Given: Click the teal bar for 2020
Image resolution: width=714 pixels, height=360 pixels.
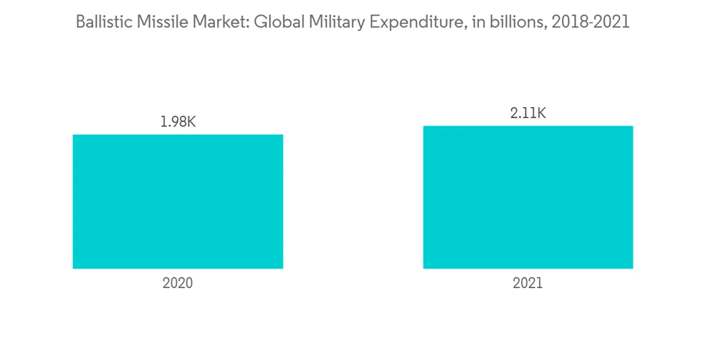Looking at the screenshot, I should click(x=178, y=201).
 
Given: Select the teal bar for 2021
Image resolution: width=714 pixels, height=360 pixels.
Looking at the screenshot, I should click(x=528, y=197).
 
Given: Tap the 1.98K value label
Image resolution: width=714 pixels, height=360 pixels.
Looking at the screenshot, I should click(x=177, y=121).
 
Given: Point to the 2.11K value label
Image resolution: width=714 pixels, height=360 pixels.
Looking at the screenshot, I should click(x=528, y=113).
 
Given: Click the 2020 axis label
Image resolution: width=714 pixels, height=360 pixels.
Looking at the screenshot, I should click(x=178, y=283).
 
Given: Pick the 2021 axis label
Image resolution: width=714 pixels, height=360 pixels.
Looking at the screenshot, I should click(x=528, y=283).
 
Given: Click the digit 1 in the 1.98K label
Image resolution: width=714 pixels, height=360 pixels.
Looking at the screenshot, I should click(x=162, y=121).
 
